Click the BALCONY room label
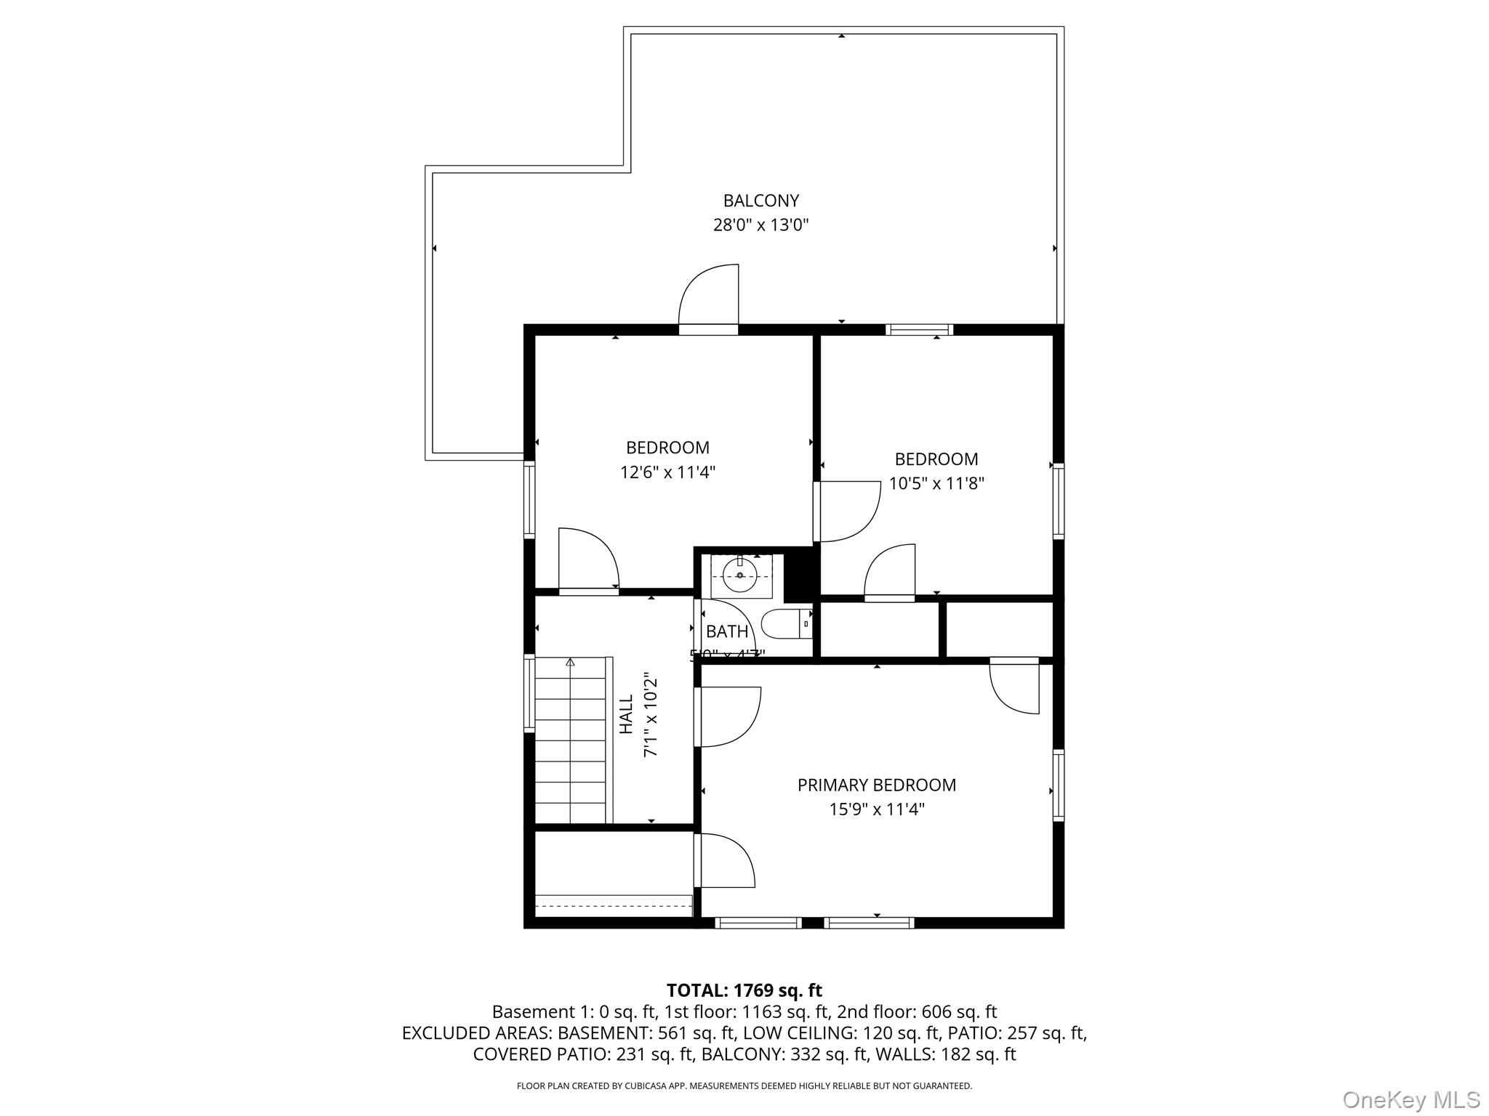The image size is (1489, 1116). tap(760, 201)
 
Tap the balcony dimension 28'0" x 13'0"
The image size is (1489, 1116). tap(760, 225)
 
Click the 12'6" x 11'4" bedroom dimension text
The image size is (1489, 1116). tap(667, 472)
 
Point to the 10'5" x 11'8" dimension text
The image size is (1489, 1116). tap(936, 484)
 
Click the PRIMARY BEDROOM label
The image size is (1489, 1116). tap(876, 785)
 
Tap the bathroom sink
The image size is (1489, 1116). tap(741, 576)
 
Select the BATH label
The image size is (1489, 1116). tap(726, 631)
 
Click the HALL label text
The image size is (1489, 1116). tap(626, 713)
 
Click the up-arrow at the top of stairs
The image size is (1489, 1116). tap(570, 662)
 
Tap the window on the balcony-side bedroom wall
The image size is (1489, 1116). tap(919, 330)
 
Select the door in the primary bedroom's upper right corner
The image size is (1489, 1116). tap(1014, 687)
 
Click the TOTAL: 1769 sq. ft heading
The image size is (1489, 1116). tap(744, 990)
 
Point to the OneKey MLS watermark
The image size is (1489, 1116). tap(1410, 1099)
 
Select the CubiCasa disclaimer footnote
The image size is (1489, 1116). tap(744, 1086)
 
